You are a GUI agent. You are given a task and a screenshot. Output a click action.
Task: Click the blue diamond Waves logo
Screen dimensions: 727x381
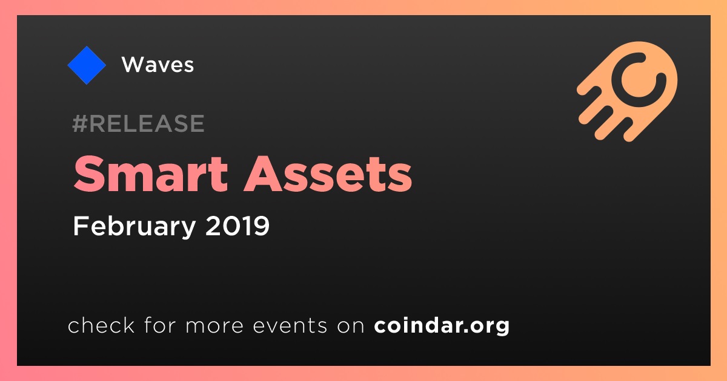pos(87,65)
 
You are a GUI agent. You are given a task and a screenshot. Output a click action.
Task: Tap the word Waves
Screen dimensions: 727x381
pos(158,65)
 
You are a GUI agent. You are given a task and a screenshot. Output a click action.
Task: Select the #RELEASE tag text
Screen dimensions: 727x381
pos(138,123)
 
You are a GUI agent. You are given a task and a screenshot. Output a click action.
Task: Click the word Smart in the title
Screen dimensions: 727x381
pos(151,174)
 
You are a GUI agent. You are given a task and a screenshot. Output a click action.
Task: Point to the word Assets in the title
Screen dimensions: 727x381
pos(328,174)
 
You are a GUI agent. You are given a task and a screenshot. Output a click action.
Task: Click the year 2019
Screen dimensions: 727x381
pos(237,226)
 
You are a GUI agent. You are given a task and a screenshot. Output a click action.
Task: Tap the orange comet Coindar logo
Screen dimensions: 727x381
pos(627,91)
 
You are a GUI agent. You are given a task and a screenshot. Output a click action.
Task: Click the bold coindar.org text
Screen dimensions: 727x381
pos(442,325)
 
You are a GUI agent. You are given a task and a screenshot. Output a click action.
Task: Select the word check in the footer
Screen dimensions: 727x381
pos(101,325)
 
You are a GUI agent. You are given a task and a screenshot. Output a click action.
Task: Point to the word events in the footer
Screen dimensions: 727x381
pos(290,326)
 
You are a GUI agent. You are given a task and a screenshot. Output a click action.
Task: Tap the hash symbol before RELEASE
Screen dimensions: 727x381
pos(79,123)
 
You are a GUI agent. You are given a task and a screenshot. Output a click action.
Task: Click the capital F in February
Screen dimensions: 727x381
pos(80,226)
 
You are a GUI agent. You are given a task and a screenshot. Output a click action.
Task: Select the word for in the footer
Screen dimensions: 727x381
pos(160,325)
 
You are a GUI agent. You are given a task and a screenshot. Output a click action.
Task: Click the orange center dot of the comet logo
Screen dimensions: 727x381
pos(639,80)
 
